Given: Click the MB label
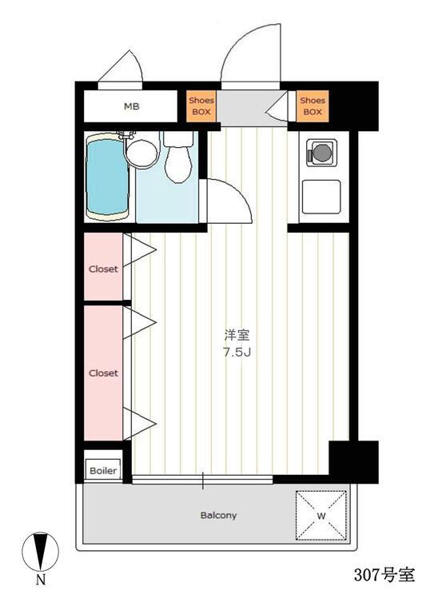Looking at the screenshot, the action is click(x=132, y=106).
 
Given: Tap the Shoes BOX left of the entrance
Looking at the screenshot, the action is click(x=201, y=106).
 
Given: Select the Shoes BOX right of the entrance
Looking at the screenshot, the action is click(x=313, y=106).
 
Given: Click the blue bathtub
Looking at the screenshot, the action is click(x=107, y=176).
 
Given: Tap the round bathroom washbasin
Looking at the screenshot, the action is click(x=141, y=153).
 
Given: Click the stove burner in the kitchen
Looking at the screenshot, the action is click(x=321, y=153).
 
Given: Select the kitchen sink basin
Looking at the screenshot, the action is click(x=321, y=197).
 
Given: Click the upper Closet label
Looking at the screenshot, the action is click(x=103, y=269).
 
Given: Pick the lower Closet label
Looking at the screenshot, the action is click(x=103, y=373).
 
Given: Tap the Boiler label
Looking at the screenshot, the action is click(x=103, y=471).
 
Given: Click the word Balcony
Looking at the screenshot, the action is click(x=218, y=516).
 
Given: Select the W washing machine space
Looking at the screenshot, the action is click(x=321, y=516).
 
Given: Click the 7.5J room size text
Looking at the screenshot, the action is click(x=237, y=353).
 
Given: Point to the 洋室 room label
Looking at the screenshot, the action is click(x=237, y=336).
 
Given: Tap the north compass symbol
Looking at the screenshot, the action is click(x=40, y=552).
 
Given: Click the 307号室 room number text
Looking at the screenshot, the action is click(x=384, y=575).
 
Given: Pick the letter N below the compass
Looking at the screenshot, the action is click(x=41, y=580).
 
